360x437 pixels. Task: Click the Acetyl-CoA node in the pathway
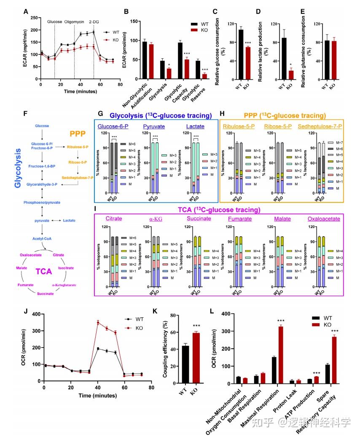coord(42,239)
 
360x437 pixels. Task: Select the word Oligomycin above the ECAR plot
coord(74,21)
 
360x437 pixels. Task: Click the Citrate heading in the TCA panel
coord(114,218)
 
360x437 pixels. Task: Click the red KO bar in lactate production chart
coord(290,76)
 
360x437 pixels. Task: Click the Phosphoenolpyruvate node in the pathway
coord(42,202)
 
